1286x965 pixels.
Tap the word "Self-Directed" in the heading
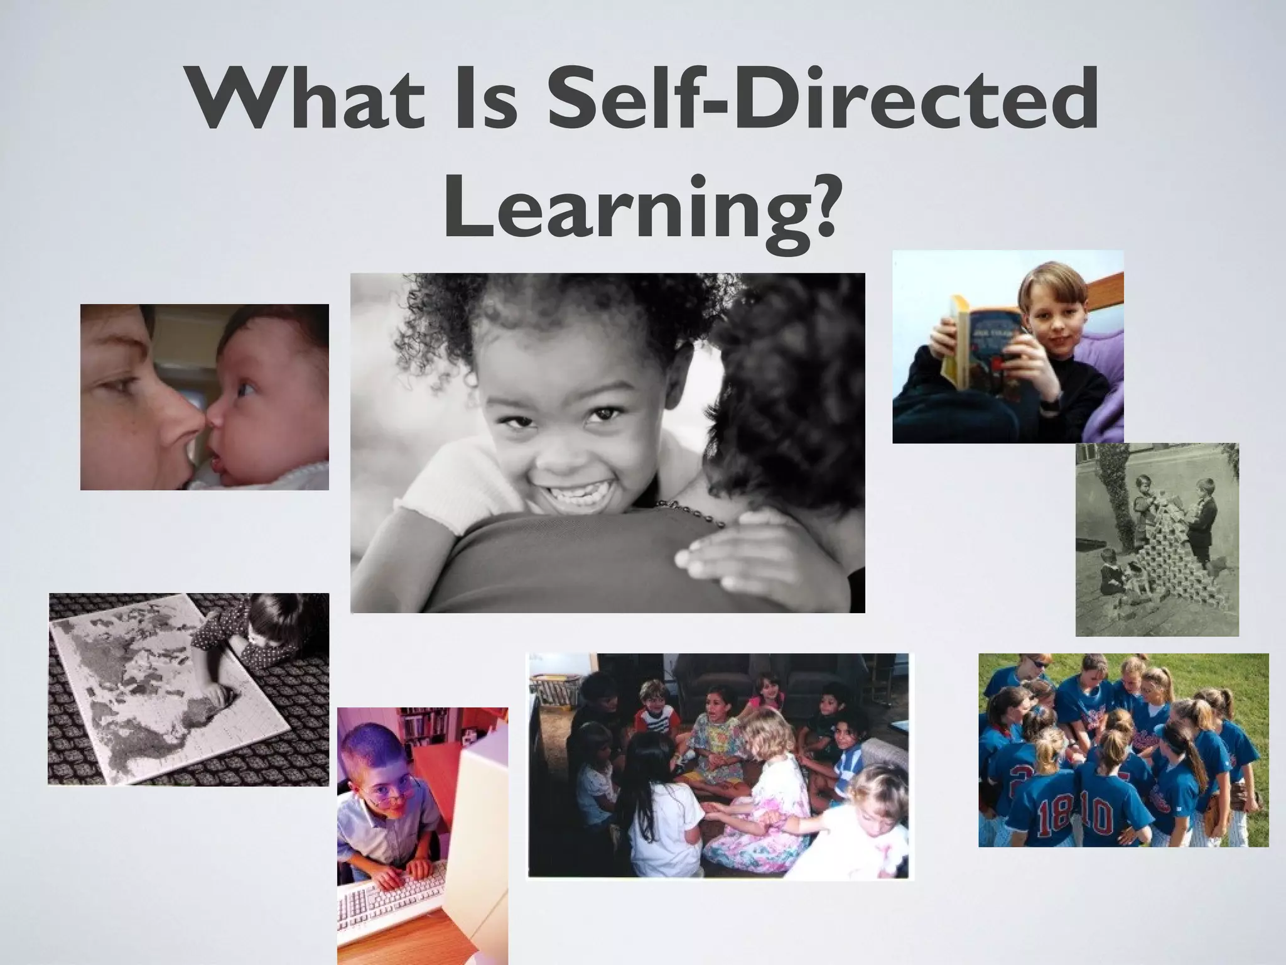point(823,101)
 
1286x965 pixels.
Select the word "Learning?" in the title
point(640,207)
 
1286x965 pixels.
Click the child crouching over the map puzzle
point(251,635)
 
